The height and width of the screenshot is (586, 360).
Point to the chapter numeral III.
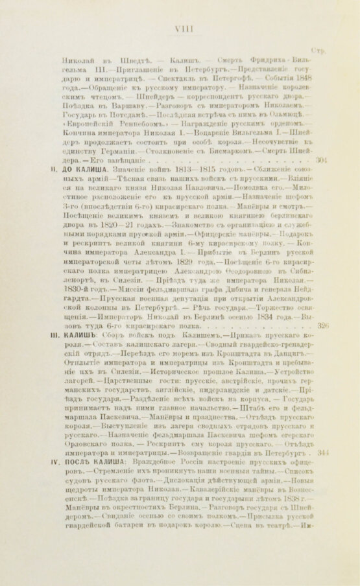(56, 318)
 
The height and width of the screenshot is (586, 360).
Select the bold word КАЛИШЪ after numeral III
(80, 318)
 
